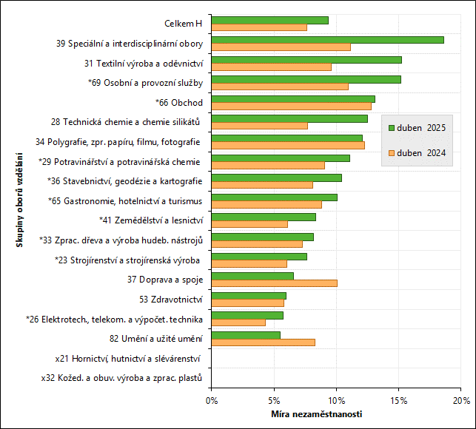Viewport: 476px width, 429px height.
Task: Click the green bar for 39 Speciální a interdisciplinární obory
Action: click(327, 40)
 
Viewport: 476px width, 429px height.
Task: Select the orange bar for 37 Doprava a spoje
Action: click(274, 283)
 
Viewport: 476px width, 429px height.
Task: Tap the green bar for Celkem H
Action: click(269, 20)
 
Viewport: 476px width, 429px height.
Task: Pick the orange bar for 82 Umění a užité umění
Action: click(263, 342)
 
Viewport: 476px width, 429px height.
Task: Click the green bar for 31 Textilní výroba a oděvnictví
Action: click(306, 59)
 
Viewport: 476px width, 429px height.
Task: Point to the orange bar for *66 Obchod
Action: click(291, 107)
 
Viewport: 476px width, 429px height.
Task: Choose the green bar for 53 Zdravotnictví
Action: click(249, 296)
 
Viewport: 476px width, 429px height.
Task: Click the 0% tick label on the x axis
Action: click(212, 400)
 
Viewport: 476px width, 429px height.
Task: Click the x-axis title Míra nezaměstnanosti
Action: click(316, 413)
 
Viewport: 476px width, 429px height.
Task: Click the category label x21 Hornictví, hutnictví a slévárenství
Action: click(128, 358)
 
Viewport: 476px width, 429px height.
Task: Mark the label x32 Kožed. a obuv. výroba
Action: click(121, 378)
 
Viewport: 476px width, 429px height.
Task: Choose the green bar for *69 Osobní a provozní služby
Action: click(306, 79)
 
